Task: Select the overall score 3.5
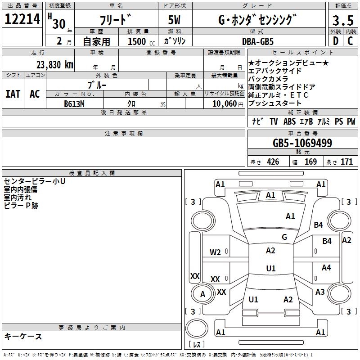click(x=342, y=20)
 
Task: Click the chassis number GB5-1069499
click(x=302, y=144)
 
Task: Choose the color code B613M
click(x=74, y=103)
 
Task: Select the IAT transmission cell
click(x=13, y=94)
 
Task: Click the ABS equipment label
click(x=289, y=121)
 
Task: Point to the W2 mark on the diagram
click(x=215, y=252)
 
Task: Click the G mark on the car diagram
click(x=284, y=237)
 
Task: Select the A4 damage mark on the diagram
click(x=326, y=268)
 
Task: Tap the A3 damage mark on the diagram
click(x=320, y=292)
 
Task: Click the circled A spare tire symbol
click(x=202, y=294)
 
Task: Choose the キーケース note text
click(x=23, y=336)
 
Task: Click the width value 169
click(x=310, y=162)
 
